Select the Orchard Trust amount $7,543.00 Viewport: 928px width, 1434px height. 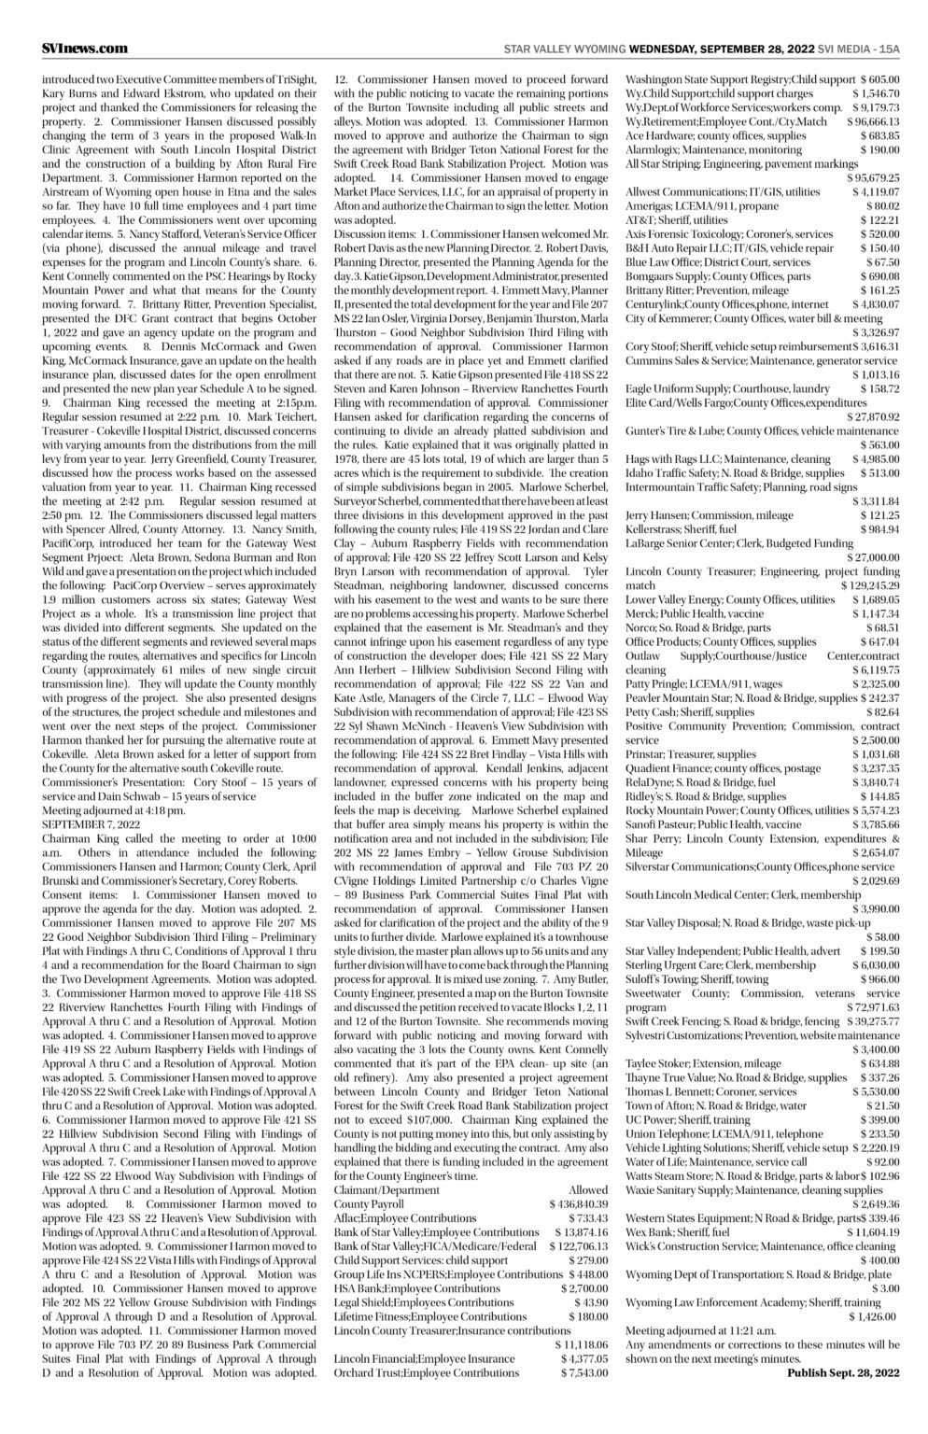[584, 1373]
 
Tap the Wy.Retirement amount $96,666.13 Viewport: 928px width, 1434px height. [873, 121]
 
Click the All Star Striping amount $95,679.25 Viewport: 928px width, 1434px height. [871, 177]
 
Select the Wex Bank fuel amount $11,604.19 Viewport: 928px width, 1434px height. [871, 1232]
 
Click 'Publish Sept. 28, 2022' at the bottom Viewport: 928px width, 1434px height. [843, 1373]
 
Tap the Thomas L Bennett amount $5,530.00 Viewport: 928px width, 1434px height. [875, 1091]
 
